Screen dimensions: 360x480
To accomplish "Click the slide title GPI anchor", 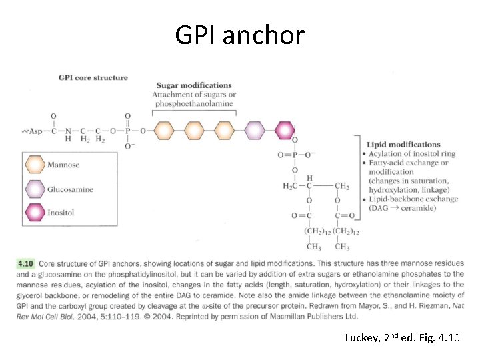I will [239, 34].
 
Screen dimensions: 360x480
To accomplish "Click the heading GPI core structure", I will [93, 78].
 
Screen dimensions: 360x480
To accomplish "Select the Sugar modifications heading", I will [194, 85].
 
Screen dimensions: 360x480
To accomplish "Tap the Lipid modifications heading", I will [403, 145].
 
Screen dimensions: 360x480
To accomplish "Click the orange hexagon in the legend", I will [35, 165].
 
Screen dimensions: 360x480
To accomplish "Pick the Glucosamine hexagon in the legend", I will [35, 189].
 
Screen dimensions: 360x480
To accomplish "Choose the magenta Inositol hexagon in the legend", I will [35, 213].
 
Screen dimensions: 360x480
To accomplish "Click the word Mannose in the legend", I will [63, 165].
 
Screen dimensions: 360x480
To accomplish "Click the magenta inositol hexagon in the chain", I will [285, 131].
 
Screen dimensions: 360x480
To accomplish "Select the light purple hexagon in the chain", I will [255, 131].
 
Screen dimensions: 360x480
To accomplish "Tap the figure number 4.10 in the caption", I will [25, 264].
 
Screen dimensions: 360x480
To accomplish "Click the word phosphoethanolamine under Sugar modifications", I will [194, 104].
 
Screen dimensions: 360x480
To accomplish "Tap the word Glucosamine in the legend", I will [70, 189].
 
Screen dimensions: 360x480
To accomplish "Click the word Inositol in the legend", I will [61, 213].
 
